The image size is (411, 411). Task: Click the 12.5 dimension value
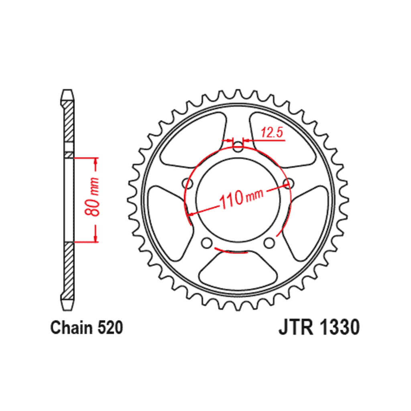coord(272,133)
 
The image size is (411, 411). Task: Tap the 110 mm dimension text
coord(241,198)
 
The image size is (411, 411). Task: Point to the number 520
coord(110,328)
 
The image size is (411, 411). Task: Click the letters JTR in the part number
coord(296,328)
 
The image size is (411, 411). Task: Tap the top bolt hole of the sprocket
coord(238,146)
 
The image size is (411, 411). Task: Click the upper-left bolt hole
coord(187,183)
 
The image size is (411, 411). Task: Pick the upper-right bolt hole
coord(288,183)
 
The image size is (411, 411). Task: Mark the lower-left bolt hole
coord(207,243)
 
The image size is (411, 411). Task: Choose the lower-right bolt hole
coord(269,243)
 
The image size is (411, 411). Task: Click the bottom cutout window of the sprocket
coord(238,270)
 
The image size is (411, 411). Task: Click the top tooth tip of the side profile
coord(67,90)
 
